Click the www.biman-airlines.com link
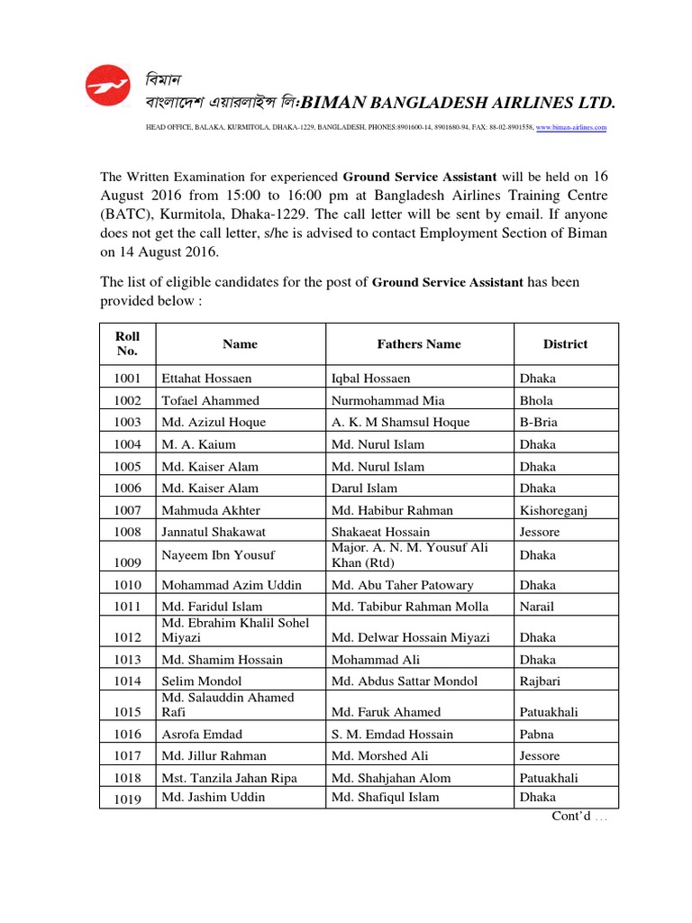571,128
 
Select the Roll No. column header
128,343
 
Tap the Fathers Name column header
419,343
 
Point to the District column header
565,343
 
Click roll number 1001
128,379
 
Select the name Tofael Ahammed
210,401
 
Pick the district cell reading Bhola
536,401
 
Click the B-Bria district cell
539,423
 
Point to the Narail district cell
537,607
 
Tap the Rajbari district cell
541,681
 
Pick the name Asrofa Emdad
203,735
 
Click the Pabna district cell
537,735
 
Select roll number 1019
128,799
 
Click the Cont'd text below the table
579,817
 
